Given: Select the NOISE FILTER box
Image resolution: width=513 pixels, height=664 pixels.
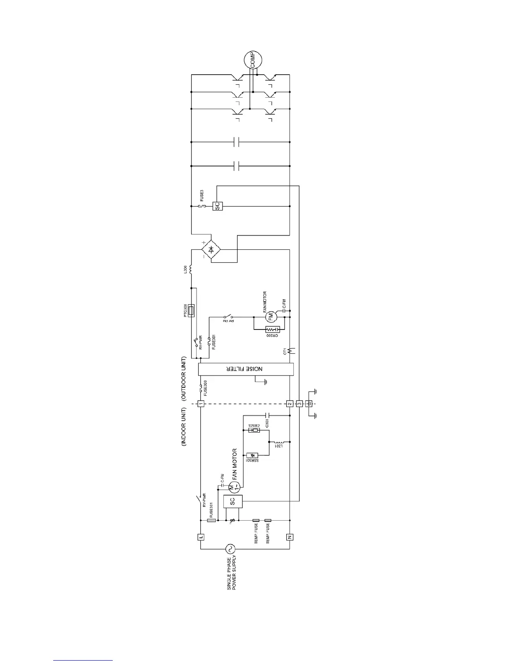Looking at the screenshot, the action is pos(246,369).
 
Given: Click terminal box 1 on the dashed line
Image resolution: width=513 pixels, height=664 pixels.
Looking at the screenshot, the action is pos(201,404).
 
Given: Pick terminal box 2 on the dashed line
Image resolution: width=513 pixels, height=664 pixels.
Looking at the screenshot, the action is pos(290,404).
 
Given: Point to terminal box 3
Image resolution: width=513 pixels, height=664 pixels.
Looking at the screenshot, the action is pos(299,404).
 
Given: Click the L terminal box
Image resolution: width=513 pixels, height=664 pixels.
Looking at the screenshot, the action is pos(201,537).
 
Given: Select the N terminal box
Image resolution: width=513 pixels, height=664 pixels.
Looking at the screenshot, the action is pos(290,537).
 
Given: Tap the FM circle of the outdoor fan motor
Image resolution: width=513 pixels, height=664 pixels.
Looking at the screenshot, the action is pos(270,317).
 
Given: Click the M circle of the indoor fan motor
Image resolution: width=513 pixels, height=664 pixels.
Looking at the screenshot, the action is pos(234,487).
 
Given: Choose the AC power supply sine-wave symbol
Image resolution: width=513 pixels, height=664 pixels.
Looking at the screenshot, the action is pos(230,549).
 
